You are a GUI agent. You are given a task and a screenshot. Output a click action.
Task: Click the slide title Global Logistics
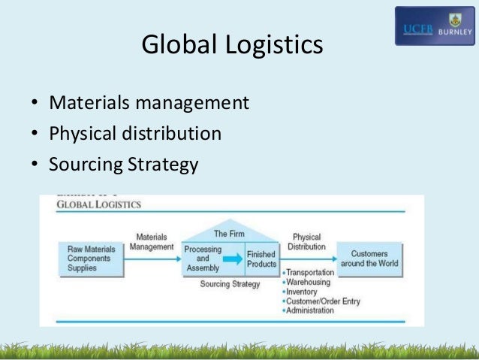pos(232,46)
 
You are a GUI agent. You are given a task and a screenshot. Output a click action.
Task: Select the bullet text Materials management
pos(149,101)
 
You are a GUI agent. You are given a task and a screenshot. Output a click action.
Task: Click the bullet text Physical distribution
pos(135,133)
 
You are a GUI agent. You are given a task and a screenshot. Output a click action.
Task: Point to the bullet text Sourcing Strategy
pos(124,164)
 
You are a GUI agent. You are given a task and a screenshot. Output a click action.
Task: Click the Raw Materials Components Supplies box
pos(91,258)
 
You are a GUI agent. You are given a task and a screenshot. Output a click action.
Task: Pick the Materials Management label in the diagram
pos(152,241)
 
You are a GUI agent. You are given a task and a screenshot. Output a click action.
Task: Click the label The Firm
pos(229,234)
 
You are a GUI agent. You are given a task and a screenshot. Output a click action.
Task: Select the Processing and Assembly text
pos(202,258)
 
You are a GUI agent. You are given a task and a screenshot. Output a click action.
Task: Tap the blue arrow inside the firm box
pos(234,259)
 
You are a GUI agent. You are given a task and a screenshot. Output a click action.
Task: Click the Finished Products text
pos(261,259)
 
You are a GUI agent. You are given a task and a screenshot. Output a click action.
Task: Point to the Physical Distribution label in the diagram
pos(306,241)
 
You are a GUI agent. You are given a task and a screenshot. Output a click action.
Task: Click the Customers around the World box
pos(369,258)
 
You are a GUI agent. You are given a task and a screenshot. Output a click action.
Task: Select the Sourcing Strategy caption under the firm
pos(230,285)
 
